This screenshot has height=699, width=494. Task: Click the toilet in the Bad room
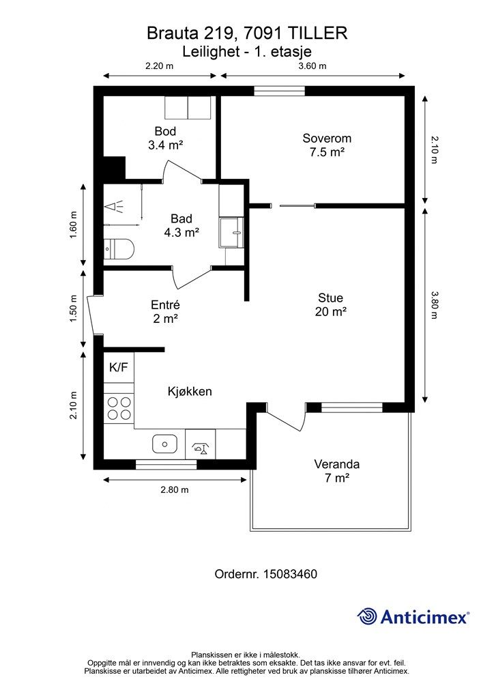click(x=119, y=249)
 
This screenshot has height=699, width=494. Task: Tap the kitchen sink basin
click(x=165, y=444)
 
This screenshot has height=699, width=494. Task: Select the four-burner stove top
click(x=119, y=408)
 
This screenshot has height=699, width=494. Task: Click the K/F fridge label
click(x=119, y=367)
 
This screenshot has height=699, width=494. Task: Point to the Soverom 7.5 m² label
click(x=327, y=145)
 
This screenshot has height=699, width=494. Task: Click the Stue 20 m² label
click(x=330, y=304)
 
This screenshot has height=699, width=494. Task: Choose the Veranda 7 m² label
click(x=337, y=471)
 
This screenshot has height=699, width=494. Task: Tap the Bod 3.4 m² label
click(x=166, y=138)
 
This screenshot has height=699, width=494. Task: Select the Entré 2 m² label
click(x=165, y=311)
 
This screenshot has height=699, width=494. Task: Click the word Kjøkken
click(x=190, y=391)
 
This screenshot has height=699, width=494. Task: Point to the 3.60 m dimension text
click(x=313, y=66)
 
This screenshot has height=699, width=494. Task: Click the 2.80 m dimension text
click(x=175, y=489)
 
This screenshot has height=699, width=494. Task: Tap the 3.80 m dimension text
click(x=435, y=305)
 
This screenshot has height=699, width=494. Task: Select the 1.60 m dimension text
click(x=74, y=224)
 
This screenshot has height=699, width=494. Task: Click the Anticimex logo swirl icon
click(x=367, y=616)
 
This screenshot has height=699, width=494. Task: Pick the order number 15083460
click(x=290, y=573)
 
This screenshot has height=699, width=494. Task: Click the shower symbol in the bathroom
click(x=115, y=208)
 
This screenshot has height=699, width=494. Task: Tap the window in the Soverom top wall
click(x=280, y=91)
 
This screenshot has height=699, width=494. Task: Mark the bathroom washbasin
click(x=231, y=232)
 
